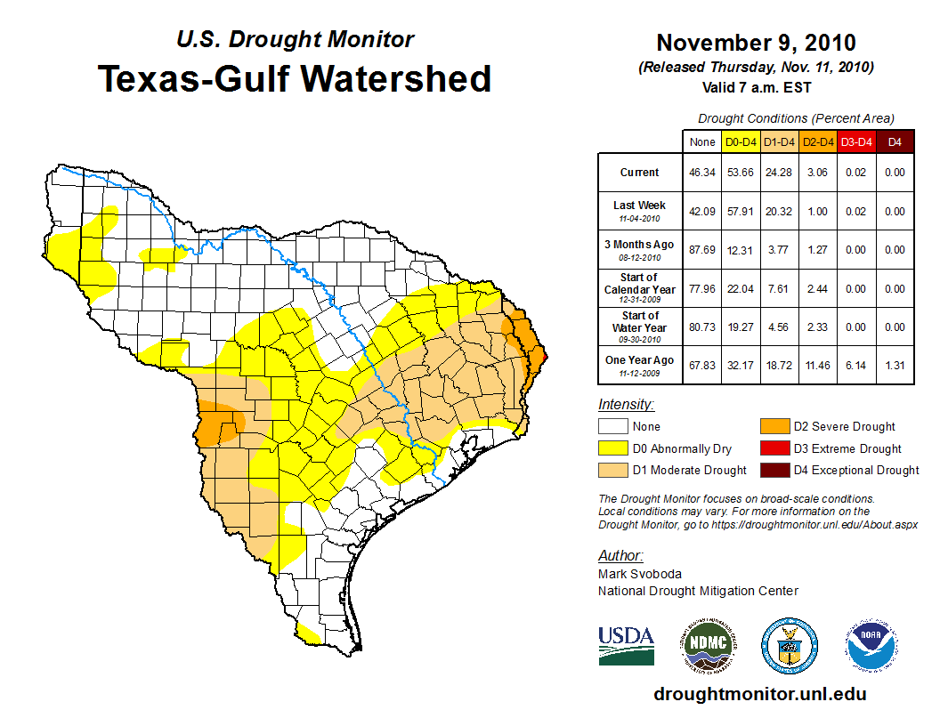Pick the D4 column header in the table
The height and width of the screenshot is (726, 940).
pos(894,141)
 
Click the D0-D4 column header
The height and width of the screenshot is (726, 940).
pos(741,141)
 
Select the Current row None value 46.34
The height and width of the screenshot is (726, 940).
pos(702,173)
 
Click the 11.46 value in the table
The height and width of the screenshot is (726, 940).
pos(817,365)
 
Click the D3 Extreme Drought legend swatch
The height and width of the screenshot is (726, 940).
pos(774,448)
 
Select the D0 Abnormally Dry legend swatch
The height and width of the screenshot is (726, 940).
pos(613,448)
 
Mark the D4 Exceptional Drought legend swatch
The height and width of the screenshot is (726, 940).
pos(774,470)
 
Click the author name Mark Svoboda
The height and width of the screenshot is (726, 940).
pos(639,574)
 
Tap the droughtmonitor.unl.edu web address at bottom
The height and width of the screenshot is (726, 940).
pos(759,694)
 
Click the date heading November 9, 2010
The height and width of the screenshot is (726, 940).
pos(756,43)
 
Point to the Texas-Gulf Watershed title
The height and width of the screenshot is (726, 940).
pos(295,78)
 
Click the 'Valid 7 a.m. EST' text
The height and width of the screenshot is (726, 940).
pos(756,87)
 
